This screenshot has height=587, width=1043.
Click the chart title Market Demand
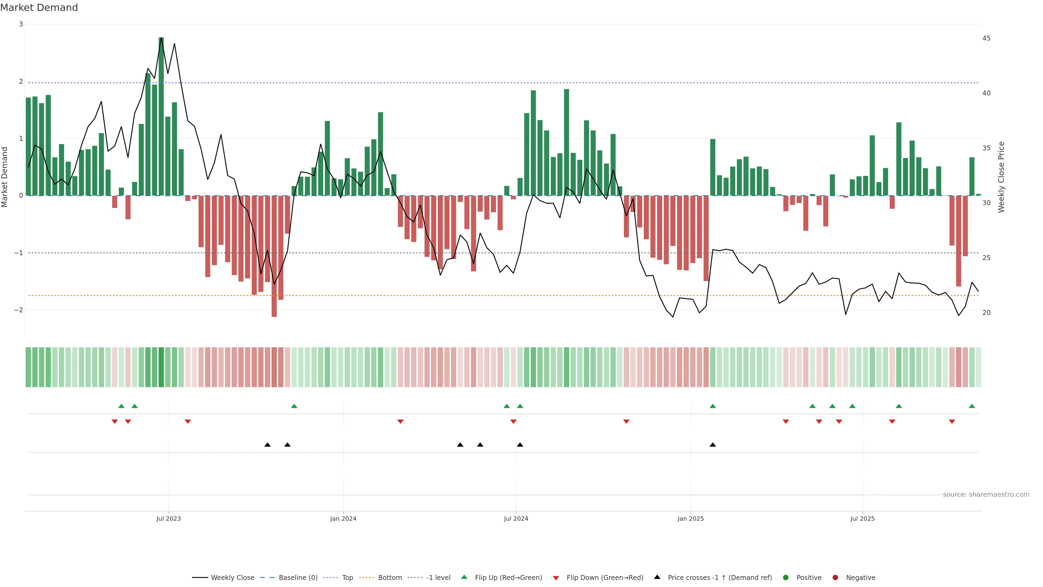pos(39,8)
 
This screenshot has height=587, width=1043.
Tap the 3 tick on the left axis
pos(21,24)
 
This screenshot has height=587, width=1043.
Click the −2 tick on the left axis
pos(19,310)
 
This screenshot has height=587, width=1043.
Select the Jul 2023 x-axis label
pos(168,519)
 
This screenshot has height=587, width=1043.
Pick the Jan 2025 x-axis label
pos(691,519)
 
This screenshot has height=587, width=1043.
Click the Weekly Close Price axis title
pos(1001,177)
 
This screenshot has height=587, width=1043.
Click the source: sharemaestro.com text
pos(986,495)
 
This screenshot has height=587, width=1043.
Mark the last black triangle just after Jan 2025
pos(713,445)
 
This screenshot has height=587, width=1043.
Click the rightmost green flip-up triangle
pos(972,406)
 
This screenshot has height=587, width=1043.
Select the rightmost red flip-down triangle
pos(952,422)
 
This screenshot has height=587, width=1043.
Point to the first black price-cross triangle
pos(268,445)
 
